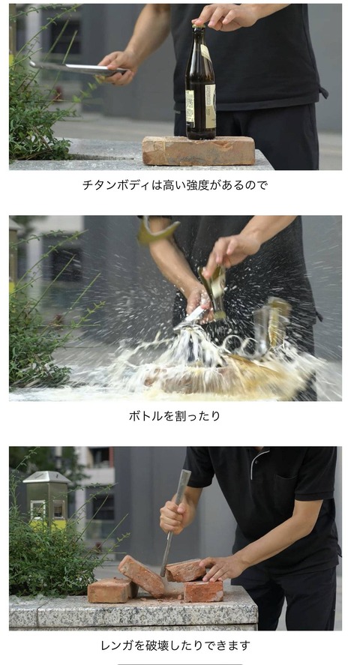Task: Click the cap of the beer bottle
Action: click(199, 26)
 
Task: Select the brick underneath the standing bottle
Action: click(199, 150)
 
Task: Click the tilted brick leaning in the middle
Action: click(141, 575)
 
